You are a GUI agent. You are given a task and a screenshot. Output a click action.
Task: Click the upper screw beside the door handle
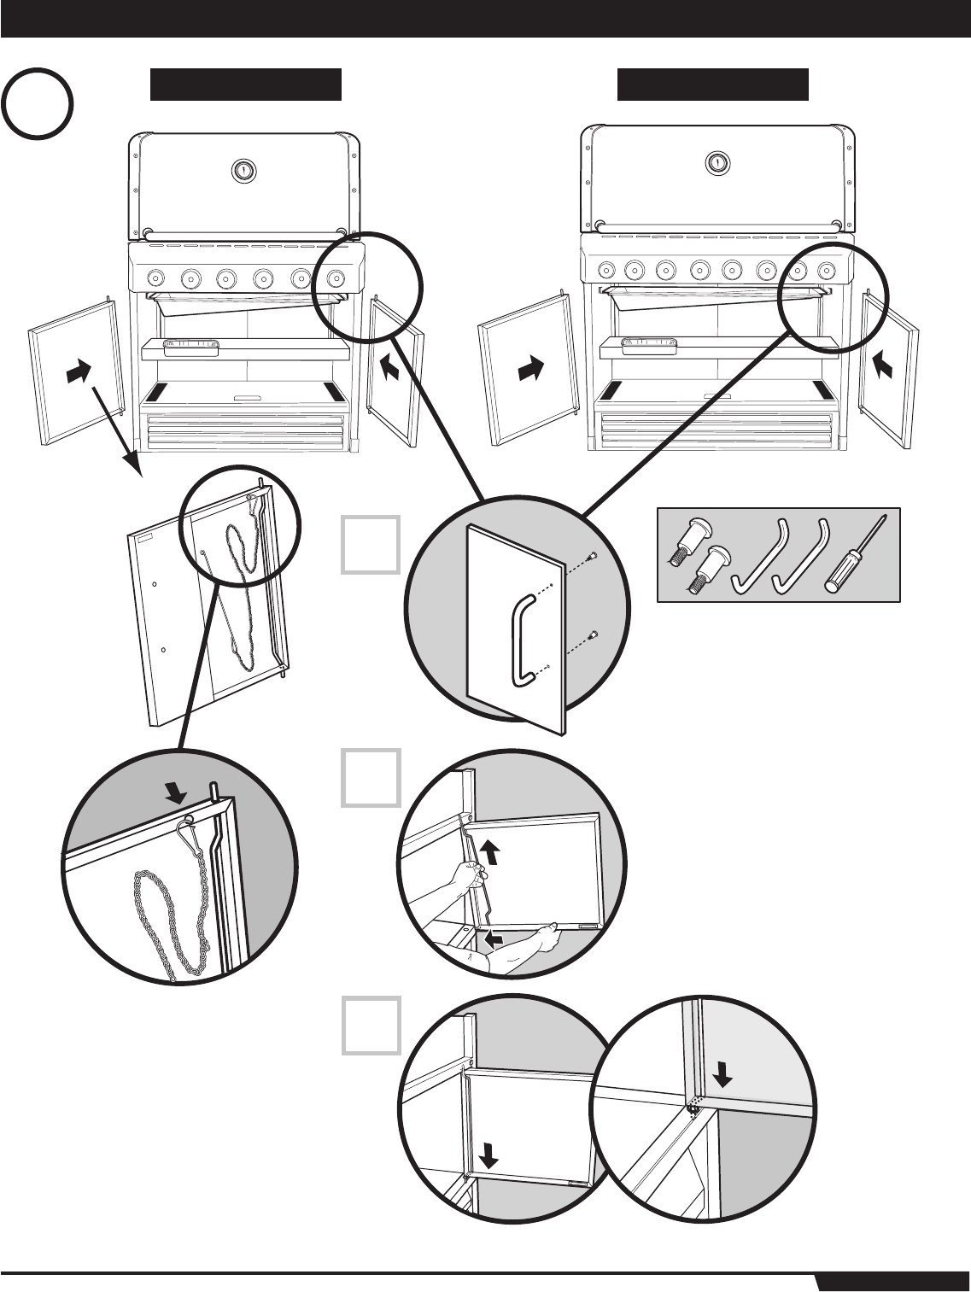tap(593, 557)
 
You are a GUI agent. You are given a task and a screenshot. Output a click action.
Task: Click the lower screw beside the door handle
tap(594, 634)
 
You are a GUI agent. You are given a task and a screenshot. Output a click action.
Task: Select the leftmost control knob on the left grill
tap(156, 278)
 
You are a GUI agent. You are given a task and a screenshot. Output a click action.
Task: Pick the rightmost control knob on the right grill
tap(826, 271)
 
